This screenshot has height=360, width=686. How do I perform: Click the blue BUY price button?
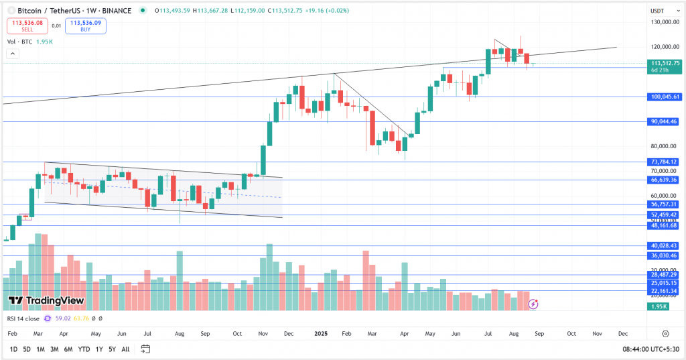[x=86, y=26]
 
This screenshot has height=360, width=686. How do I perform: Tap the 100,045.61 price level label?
[x=665, y=97]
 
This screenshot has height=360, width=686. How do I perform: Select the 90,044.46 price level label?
[x=665, y=121]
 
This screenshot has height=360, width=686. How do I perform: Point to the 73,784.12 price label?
[x=665, y=162]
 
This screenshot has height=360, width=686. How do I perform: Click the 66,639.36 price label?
[x=665, y=180]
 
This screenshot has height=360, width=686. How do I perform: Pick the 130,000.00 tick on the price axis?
[x=665, y=22]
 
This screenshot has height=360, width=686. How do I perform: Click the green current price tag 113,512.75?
[x=665, y=63]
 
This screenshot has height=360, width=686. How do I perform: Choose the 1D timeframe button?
[x=13, y=349]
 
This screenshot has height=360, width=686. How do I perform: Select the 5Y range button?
[x=111, y=349]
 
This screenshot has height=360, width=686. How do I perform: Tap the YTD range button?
[x=83, y=349]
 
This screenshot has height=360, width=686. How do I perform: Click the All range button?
[x=125, y=349]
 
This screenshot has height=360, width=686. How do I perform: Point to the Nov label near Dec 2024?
[x=262, y=333]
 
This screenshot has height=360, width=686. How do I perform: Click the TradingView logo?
[x=46, y=301]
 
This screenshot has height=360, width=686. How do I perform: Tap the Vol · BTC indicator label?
[x=21, y=42]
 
